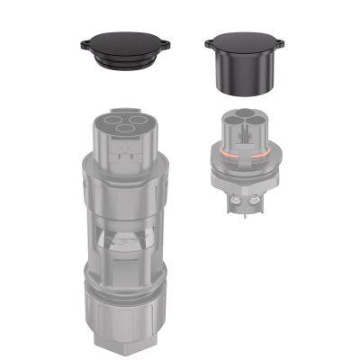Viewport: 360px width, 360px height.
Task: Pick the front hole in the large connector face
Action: (x=129, y=130)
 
